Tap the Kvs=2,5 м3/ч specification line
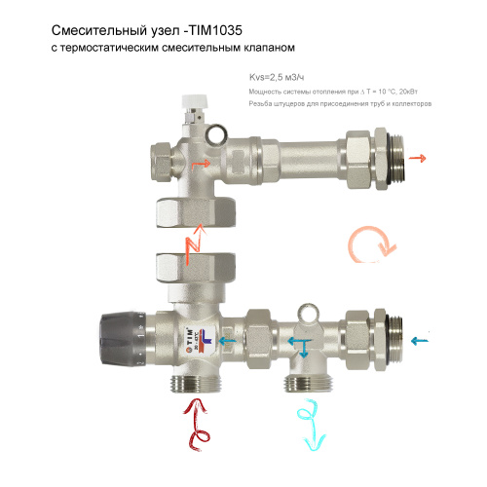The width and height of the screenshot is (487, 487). click(276, 78)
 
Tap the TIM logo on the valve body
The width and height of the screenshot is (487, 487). click(186, 337)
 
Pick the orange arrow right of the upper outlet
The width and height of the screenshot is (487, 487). click(421, 156)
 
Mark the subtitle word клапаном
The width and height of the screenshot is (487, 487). click(265, 47)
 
